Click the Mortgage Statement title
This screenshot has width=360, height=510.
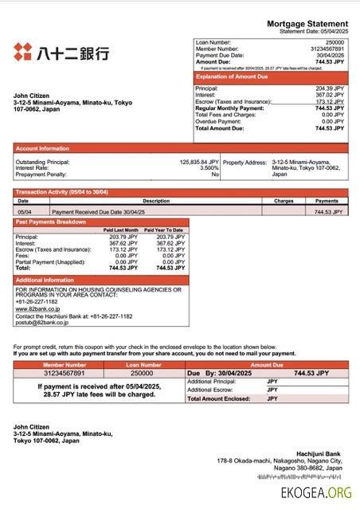point(307,25)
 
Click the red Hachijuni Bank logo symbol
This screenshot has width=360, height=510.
point(22,53)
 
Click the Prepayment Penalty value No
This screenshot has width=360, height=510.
point(214,175)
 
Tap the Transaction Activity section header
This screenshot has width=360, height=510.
point(62,193)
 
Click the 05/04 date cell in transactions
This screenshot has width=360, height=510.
point(24,213)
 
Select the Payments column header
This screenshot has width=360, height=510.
point(327,201)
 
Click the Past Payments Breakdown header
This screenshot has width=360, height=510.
point(51,222)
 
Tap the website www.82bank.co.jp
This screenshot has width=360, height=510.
point(37,309)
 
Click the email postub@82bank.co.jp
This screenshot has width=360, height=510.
point(39,323)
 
